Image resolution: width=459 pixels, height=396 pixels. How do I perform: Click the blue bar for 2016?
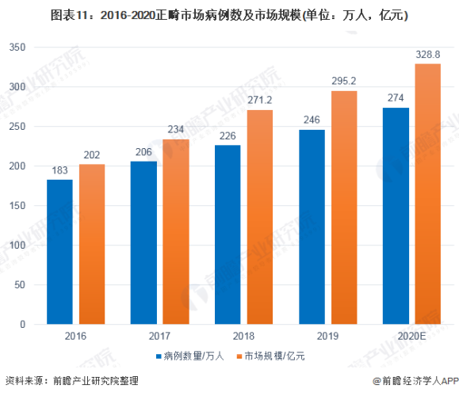point(59,252)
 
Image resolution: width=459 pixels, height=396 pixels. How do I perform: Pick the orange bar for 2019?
point(344,208)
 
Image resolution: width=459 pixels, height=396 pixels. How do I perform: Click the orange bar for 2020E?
point(428,194)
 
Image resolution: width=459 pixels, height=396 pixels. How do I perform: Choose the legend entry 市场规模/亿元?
point(274,356)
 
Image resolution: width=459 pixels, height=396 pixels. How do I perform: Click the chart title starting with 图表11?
point(229,15)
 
